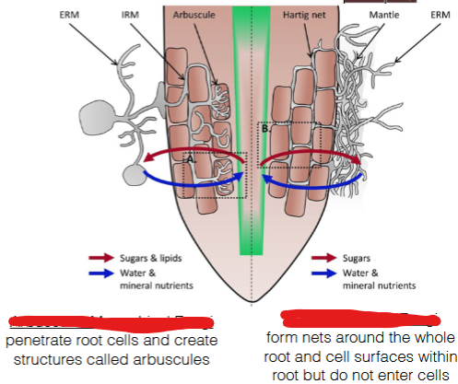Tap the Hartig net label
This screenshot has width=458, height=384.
point(299,16)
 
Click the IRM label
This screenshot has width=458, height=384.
point(132,16)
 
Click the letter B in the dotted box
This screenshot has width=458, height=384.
point(265,130)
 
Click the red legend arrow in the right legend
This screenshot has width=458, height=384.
point(323,259)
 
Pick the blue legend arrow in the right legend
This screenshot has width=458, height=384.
point(323,273)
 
